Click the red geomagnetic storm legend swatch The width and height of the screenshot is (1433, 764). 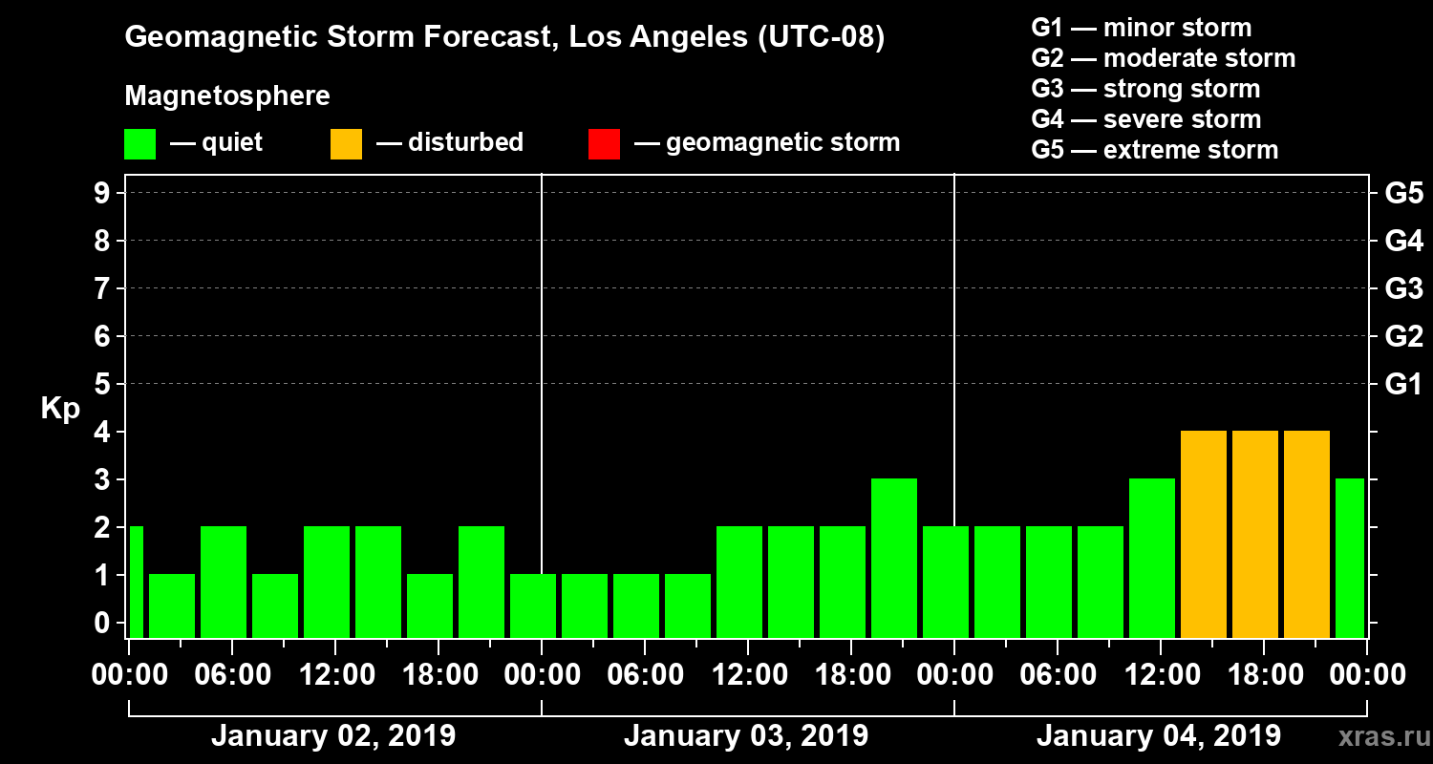[x=604, y=143]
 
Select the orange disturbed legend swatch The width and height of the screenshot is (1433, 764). [x=346, y=143]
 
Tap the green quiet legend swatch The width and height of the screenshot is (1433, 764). [x=139, y=143]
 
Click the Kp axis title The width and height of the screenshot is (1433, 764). [x=60, y=409]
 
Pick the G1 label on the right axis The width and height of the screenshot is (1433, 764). [x=1403, y=385]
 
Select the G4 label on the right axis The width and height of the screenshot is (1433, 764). [x=1403, y=242]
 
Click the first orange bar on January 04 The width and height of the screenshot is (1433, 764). [x=1204, y=534]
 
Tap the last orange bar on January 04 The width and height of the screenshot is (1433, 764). [x=1307, y=534]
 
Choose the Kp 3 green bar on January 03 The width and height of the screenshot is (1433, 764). [x=894, y=558]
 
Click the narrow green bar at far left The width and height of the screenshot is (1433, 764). [x=136, y=582]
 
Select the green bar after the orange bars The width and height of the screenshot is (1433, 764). [x=1350, y=558]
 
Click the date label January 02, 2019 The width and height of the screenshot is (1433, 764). [x=333, y=736]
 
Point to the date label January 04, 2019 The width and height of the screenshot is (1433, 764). [x=1159, y=736]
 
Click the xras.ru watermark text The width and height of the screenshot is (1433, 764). [x=1377, y=737]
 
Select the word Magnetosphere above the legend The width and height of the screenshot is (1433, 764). [x=227, y=96]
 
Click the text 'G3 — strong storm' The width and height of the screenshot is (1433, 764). [x=1145, y=89]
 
